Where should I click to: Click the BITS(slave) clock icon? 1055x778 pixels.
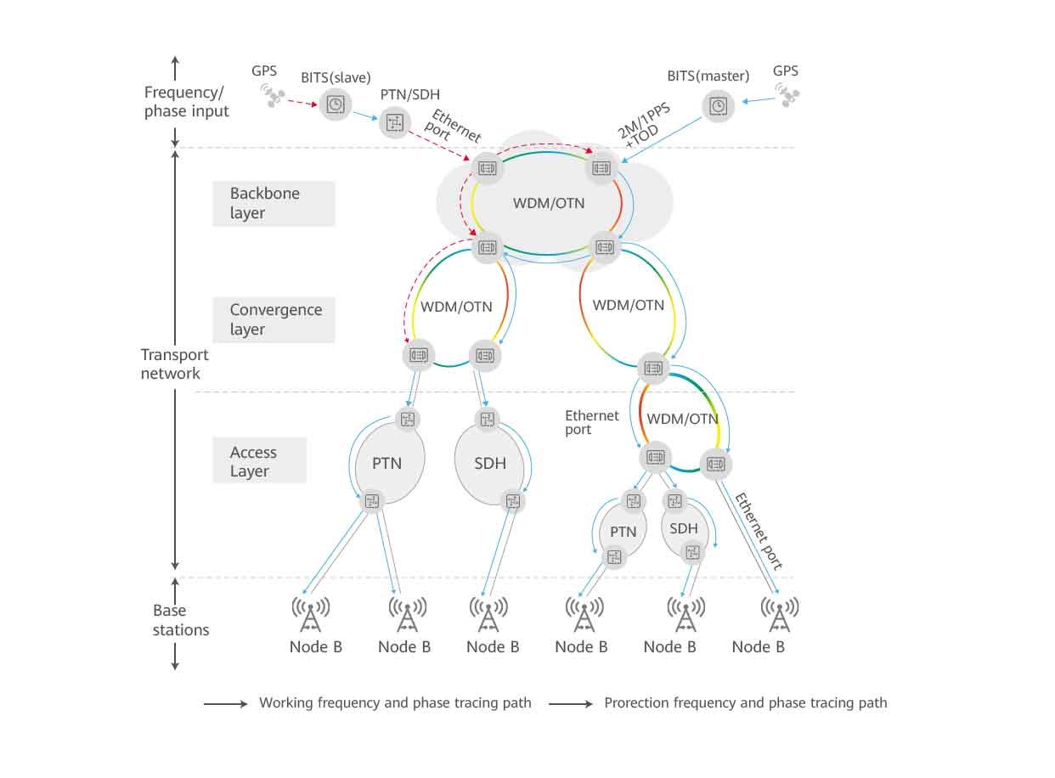point(336,104)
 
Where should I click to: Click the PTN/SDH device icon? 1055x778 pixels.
point(393,122)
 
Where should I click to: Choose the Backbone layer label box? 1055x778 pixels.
point(274,203)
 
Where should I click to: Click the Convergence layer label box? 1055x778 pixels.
point(274,319)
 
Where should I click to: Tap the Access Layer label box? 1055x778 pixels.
point(259,461)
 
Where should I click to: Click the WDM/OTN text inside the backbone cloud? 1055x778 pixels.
point(549,203)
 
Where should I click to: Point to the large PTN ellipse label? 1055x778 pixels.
point(386,464)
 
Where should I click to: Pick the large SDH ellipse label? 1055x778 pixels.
point(490,464)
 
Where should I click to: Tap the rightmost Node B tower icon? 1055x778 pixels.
point(778,614)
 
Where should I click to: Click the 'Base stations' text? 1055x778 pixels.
point(181,620)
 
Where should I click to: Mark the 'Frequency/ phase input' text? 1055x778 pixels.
point(187,102)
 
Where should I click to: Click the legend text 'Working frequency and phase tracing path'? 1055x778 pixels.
point(395,702)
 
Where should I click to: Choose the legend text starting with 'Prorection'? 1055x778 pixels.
point(745,702)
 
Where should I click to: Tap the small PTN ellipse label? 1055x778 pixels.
point(623,532)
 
